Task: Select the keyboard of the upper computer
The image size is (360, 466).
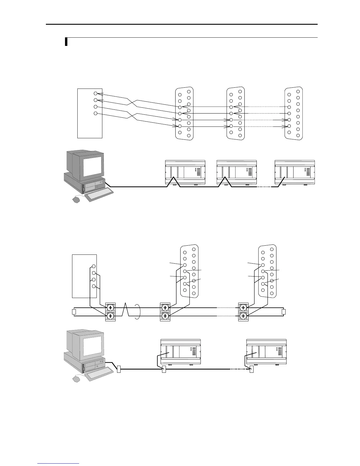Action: click(x=99, y=194)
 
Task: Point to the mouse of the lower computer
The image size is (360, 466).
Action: click(x=76, y=379)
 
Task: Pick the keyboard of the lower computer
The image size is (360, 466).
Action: click(x=99, y=374)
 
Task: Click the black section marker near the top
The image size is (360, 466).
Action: click(x=66, y=42)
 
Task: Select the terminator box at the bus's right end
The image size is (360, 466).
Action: click(x=284, y=312)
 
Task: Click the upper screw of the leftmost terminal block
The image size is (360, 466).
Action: click(x=110, y=308)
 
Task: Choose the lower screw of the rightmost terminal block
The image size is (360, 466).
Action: click(x=243, y=316)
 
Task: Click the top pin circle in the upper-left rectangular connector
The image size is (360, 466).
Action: click(x=95, y=93)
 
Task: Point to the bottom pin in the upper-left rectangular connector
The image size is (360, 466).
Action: click(x=95, y=114)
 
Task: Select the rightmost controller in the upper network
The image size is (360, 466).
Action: click(x=294, y=173)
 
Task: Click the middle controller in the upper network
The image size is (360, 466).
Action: click(x=236, y=173)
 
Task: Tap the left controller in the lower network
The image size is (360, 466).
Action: click(x=181, y=352)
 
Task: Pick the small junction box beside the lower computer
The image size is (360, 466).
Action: click(x=119, y=369)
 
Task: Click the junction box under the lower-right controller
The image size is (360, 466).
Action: click(x=251, y=369)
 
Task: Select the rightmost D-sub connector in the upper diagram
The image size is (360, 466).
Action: click(x=294, y=113)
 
